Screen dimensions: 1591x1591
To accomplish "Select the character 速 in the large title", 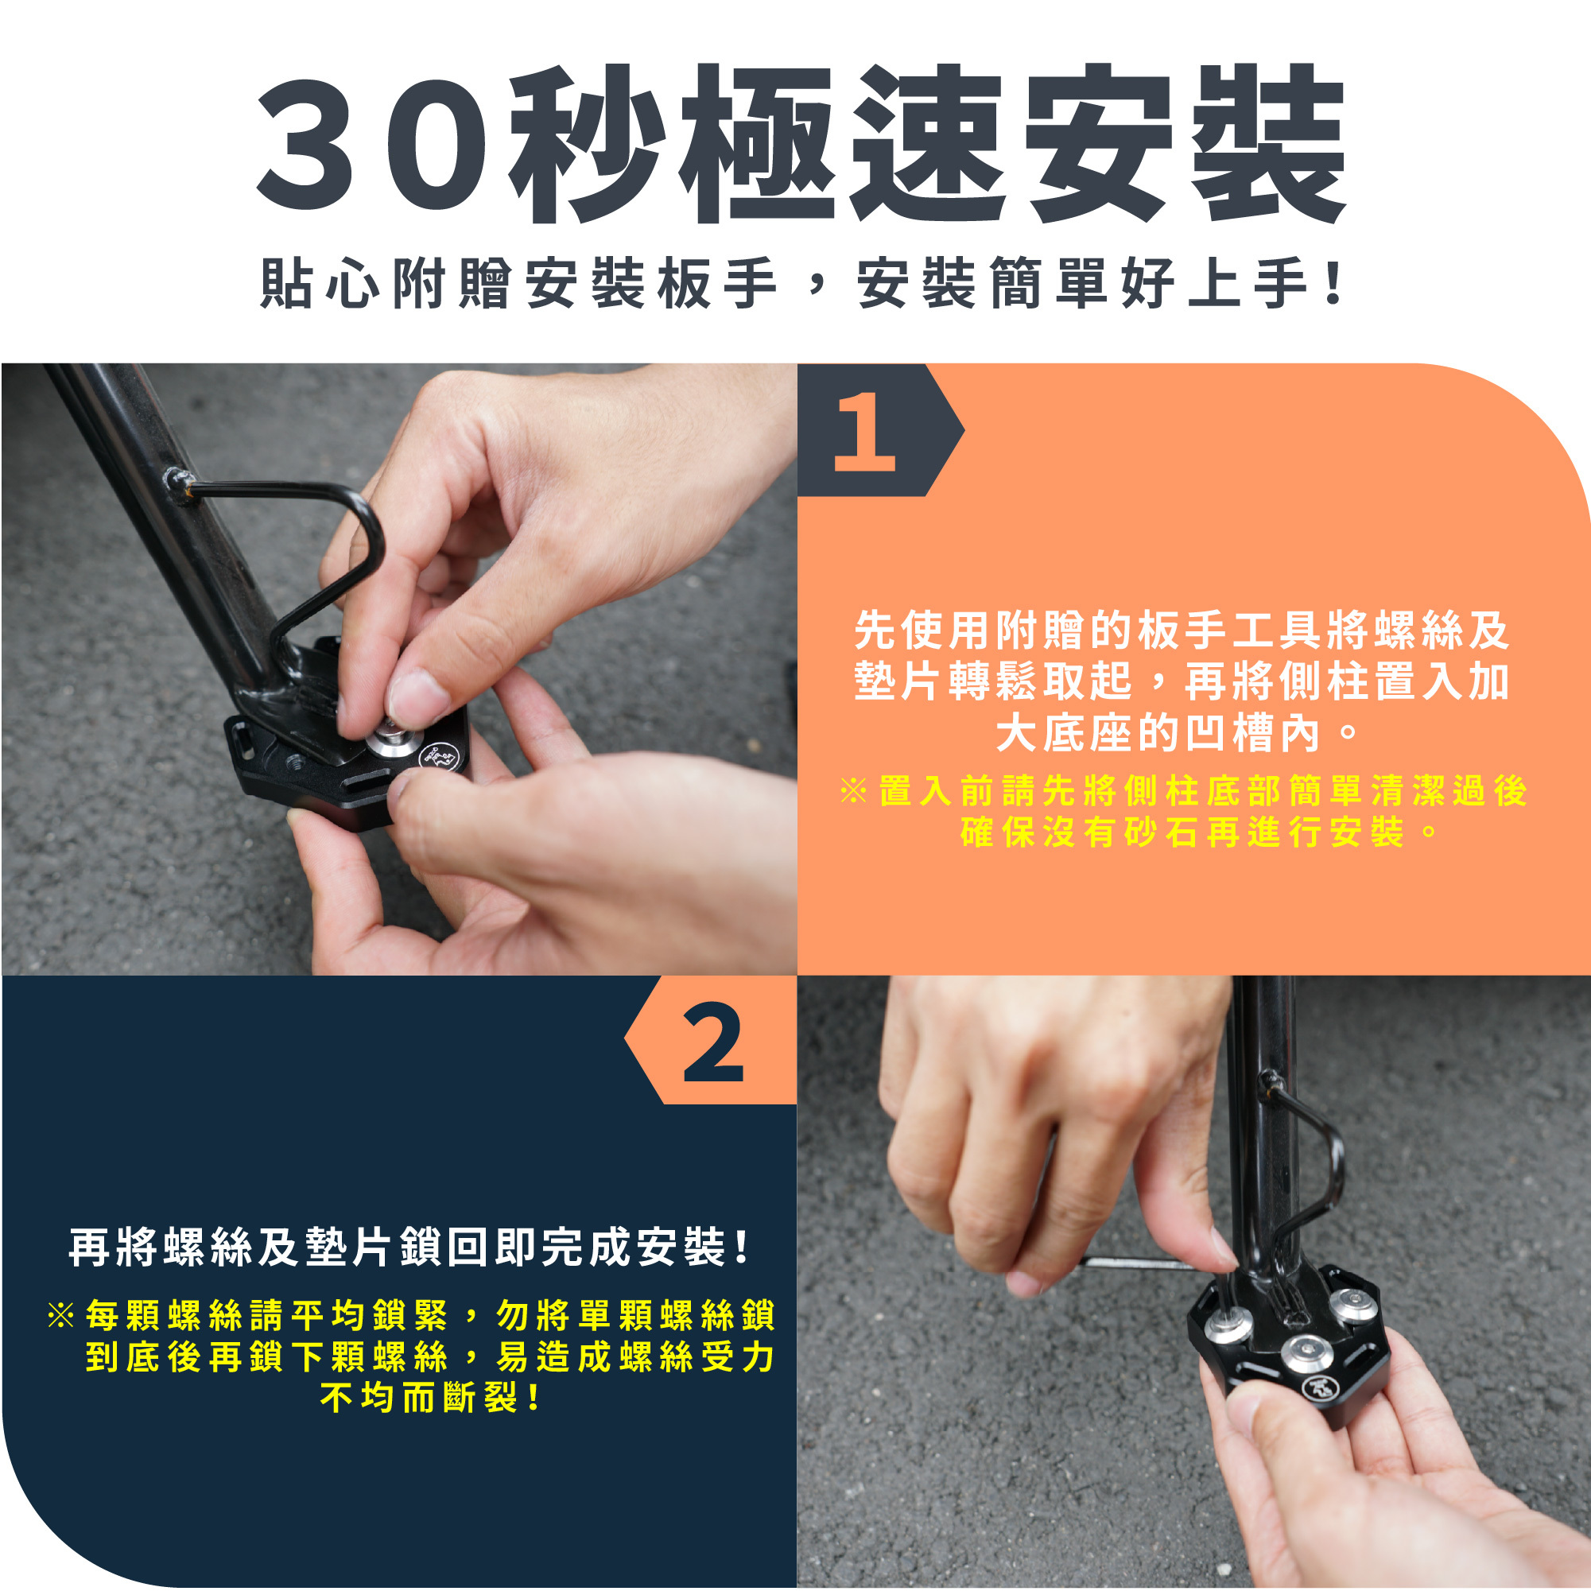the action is tap(925, 144).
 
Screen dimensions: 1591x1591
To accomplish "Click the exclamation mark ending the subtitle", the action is tap(1333, 283).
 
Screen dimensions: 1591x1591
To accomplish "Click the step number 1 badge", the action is tap(865, 431).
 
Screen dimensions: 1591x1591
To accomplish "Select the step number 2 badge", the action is tap(713, 1041).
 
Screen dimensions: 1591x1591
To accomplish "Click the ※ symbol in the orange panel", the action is tap(853, 792).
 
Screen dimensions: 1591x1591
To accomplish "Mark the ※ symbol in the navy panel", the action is tap(61, 1315).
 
